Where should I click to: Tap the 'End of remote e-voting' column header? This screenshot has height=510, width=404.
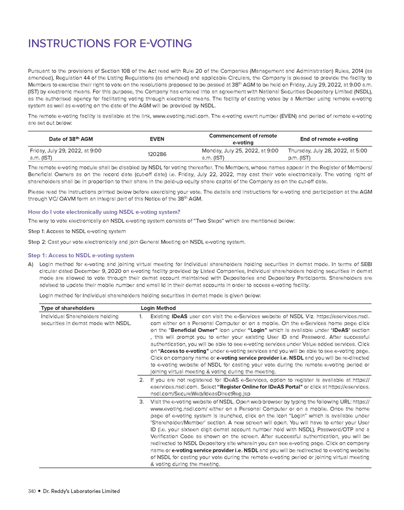tap(330, 139)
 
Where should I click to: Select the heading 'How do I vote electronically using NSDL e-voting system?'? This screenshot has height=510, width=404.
tap(104, 212)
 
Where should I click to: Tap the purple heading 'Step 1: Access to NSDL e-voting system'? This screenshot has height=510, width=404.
tap(81, 255)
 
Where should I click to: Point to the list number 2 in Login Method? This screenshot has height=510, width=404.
tap(141, 380)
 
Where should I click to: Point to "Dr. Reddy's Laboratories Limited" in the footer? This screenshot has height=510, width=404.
tap(81, 491)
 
